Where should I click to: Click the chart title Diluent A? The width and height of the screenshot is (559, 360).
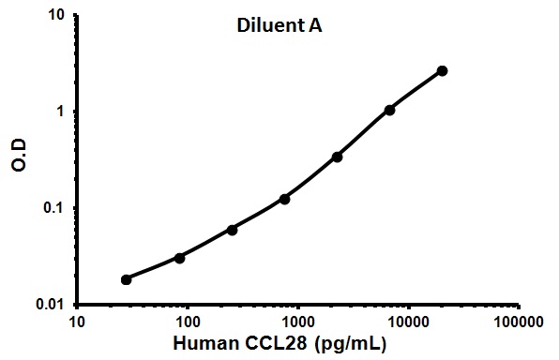279,28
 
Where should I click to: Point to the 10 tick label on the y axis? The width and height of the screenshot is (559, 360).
56,16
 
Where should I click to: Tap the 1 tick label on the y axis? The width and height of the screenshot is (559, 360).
61,112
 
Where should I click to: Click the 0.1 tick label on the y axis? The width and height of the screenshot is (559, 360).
55,208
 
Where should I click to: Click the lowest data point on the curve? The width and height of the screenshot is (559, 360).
127,279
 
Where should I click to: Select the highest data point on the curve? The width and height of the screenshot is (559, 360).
443,70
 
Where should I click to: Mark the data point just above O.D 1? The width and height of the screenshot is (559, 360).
390,110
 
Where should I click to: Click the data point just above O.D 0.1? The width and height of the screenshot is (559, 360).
284,199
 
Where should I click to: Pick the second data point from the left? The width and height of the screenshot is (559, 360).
179,257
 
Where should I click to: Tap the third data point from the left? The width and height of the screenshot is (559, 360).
232,229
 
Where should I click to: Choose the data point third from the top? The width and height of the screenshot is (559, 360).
338,157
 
